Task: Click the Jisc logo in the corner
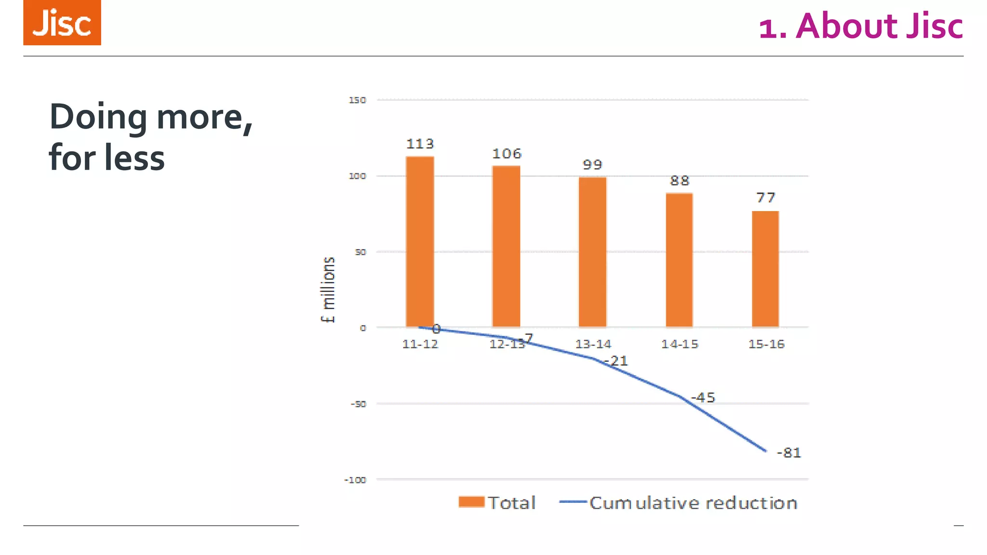pos(62,23)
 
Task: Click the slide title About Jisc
pos(861,26)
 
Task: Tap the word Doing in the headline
pos(98,117)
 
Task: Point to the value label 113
pos(420,144)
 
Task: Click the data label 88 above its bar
pos(680,181)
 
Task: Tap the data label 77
pos(765,198)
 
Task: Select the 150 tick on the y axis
pos(357,100)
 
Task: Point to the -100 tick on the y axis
pos(355,480)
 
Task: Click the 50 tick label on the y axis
pos(360,252)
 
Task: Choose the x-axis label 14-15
pos(680,344)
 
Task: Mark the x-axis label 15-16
pos(766,344)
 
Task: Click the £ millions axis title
pos(328,290)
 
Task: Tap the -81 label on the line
pos(789,453)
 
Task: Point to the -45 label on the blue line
pos(703,398)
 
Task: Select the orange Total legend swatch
pos(471,502)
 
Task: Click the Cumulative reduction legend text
pos(693,503)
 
